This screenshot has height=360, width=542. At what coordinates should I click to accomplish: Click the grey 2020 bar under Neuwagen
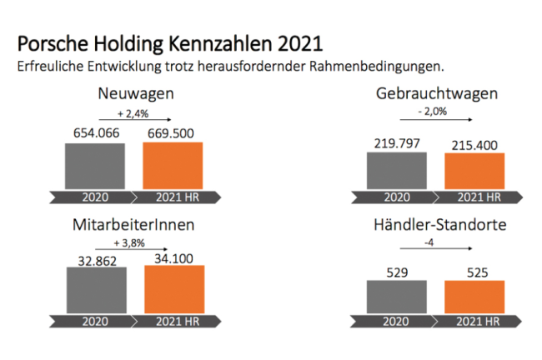(95, 167)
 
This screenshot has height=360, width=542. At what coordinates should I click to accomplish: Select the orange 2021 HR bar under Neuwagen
(172, 166)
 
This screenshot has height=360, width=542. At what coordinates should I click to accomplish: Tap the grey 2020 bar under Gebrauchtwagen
(396, 171)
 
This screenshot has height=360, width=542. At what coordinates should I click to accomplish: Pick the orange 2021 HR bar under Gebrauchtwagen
(474, 172)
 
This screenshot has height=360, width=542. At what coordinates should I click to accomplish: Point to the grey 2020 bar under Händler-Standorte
(396, 296)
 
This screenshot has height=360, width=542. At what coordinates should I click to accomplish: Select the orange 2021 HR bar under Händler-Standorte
(474, 297)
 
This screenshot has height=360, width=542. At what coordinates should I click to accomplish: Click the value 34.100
(173, 257)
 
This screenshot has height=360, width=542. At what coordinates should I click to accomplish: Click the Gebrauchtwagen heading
(437, 93)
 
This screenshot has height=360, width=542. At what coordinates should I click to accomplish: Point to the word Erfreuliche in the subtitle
(53, 64)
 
